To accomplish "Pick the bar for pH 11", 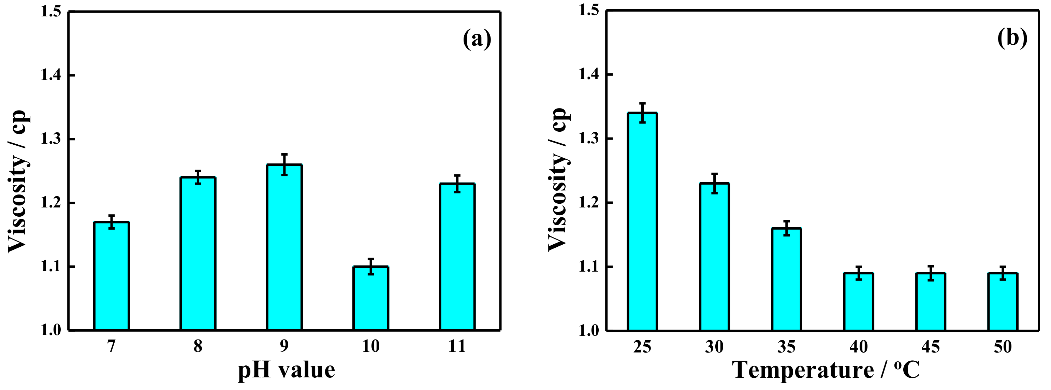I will coord(457,257).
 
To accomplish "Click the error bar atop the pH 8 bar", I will coord(198,177).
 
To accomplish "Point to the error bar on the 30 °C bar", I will coord(714,183).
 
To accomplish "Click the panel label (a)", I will coord(477,40).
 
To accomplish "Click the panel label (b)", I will coord(1012,39).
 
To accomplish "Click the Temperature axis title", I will coord(827,370).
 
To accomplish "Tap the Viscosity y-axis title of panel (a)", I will coord(18,182).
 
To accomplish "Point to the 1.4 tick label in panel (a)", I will coord(51,75).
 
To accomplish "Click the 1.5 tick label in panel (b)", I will coord(589,10).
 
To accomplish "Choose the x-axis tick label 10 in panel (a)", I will coord(370,346).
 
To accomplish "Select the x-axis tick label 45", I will coord(931,347).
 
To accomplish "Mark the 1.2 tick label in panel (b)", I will coord(589,203).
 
